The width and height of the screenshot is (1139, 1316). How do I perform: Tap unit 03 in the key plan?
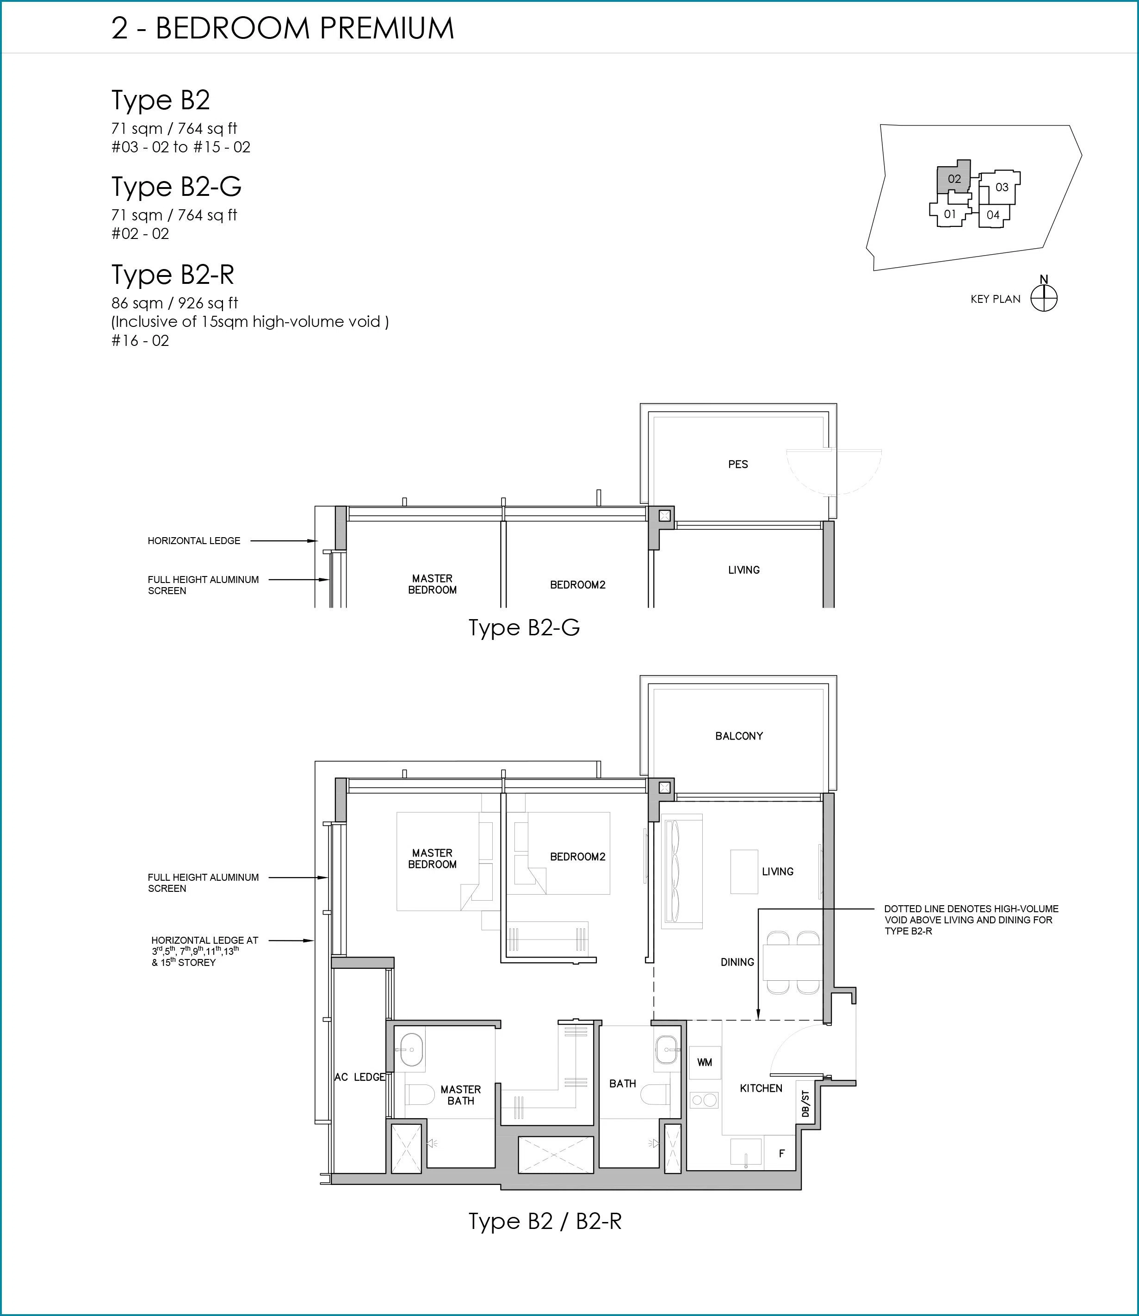point(1000,187)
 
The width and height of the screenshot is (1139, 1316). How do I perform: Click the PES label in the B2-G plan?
point(738,464)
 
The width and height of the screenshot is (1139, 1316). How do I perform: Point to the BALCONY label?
point(738,736)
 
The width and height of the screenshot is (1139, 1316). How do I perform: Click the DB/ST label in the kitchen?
point(805,1103)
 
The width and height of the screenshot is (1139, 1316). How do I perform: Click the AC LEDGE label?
point(360,1077)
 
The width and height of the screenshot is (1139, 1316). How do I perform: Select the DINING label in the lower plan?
point(737,962)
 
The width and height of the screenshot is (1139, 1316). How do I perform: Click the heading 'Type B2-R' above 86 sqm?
point(173,275)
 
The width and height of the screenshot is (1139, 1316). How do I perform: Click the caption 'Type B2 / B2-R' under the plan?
point(545,1221)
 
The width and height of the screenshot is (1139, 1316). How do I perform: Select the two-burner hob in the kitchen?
point(704,1100)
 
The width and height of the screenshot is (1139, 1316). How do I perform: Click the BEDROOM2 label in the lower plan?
point(578,857)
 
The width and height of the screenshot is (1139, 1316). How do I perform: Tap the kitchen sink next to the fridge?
point(746,1153)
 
